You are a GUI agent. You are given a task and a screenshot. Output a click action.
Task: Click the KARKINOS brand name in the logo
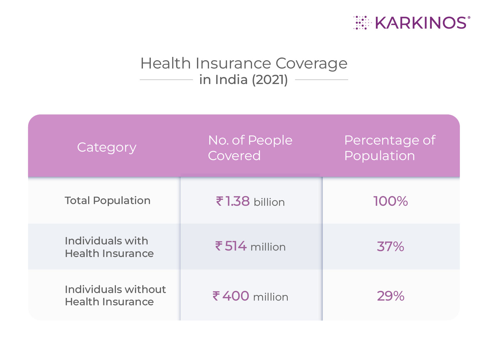[x=420, y=23]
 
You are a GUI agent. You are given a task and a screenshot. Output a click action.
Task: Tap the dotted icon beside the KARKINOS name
[x=362, y=23]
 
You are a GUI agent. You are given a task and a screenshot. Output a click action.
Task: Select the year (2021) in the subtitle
[x=270, y=80]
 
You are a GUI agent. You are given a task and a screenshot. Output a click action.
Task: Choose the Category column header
[x=107, y=147]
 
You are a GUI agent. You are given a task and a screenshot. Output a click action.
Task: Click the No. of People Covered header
[x=250, y=148]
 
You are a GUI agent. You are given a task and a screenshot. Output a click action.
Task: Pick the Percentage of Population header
[x=390, y=148]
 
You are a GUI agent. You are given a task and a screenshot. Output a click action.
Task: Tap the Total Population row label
[x=108, y=200]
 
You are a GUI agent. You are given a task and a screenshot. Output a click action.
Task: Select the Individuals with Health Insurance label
[x=109, y=247]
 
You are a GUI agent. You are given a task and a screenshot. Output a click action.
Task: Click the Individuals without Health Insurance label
[x=115, y=295]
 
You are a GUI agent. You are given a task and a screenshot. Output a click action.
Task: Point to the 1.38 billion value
[x=250, y=201]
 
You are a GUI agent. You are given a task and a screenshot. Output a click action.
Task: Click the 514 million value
[x=250, y=246]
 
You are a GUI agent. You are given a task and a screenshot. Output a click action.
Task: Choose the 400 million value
[x=250, y=296]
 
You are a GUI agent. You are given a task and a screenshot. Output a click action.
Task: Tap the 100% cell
[x=391, y=201]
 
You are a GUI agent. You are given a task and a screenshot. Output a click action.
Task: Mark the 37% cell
[x=391, y=246]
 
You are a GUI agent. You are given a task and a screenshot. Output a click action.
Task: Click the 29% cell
[x=391, y=296]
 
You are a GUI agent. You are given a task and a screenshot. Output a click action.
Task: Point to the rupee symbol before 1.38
[x=220, y=201]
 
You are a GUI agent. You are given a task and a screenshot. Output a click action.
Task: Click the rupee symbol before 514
[x=219, y=246]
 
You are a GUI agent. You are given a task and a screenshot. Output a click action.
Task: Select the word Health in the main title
[x=165, y=63]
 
